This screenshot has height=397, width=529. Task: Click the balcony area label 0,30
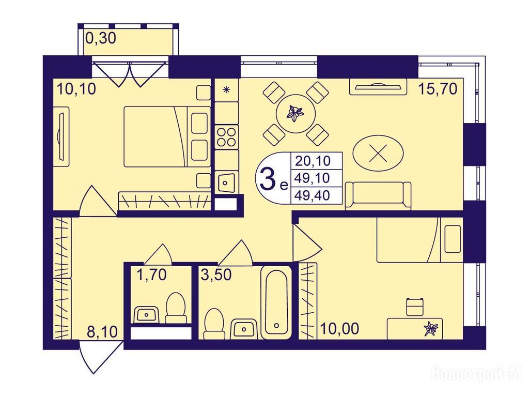point(101,38)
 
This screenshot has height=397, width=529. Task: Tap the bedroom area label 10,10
point(76,89)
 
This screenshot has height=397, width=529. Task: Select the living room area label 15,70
point(438,89)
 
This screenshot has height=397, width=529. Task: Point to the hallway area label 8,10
point(102,332)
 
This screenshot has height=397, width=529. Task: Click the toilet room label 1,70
point(151,275)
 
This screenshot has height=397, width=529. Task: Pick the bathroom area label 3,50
point(216,275)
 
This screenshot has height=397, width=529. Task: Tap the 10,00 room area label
point(339,328)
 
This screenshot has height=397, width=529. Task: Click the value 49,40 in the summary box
point(312,195)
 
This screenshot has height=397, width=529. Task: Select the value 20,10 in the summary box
point(313,161)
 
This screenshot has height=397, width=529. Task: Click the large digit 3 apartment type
point(268,178)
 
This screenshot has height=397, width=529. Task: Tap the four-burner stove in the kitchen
point(226,136)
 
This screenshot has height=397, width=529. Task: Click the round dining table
point(295,113)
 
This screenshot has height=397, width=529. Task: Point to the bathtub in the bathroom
point(276,302)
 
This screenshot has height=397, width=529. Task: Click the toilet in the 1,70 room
point(176,308)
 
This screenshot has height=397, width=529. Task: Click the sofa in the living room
point(378,196)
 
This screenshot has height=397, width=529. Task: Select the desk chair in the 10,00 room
point(415,306)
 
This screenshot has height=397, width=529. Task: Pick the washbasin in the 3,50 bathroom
point(244,328)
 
